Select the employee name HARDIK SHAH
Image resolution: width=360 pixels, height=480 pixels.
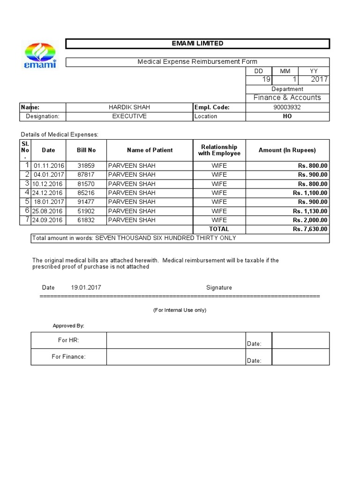click(x=129, y=107)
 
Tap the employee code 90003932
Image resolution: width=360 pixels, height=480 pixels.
click(x=287, y=107)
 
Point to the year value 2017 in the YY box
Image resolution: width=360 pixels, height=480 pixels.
click(x=319, y=80)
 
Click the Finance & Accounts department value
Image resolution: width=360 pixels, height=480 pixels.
click(x=287, y=97)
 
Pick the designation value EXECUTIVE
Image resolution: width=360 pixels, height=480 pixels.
click(x=129, y=116)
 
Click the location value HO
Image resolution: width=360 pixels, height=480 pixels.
click(x=287, y=116)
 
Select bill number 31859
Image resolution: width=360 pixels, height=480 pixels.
click(x=86, y=165)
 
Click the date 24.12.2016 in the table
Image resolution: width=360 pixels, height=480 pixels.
click(x=48, y=193)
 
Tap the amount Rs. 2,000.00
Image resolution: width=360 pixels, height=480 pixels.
click(x=310, y=220)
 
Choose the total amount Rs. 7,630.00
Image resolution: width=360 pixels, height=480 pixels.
click(x=310, y=229)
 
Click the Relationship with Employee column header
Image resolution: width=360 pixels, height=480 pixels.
click(x=219, y=150)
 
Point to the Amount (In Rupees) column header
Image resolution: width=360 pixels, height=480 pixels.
click(x=287, y=150)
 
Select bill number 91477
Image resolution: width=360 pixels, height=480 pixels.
click(x=86, y=202)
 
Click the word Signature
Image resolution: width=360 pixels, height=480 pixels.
click(x=219, y=287)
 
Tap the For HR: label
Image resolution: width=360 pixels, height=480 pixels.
click(x=68, y=340)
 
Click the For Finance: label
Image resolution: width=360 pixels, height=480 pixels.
click(x=68, y=357)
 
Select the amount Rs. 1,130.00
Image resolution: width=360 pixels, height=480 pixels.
click(x=310, y=211)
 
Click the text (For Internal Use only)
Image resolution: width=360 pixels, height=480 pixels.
click(x=180, y=310)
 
